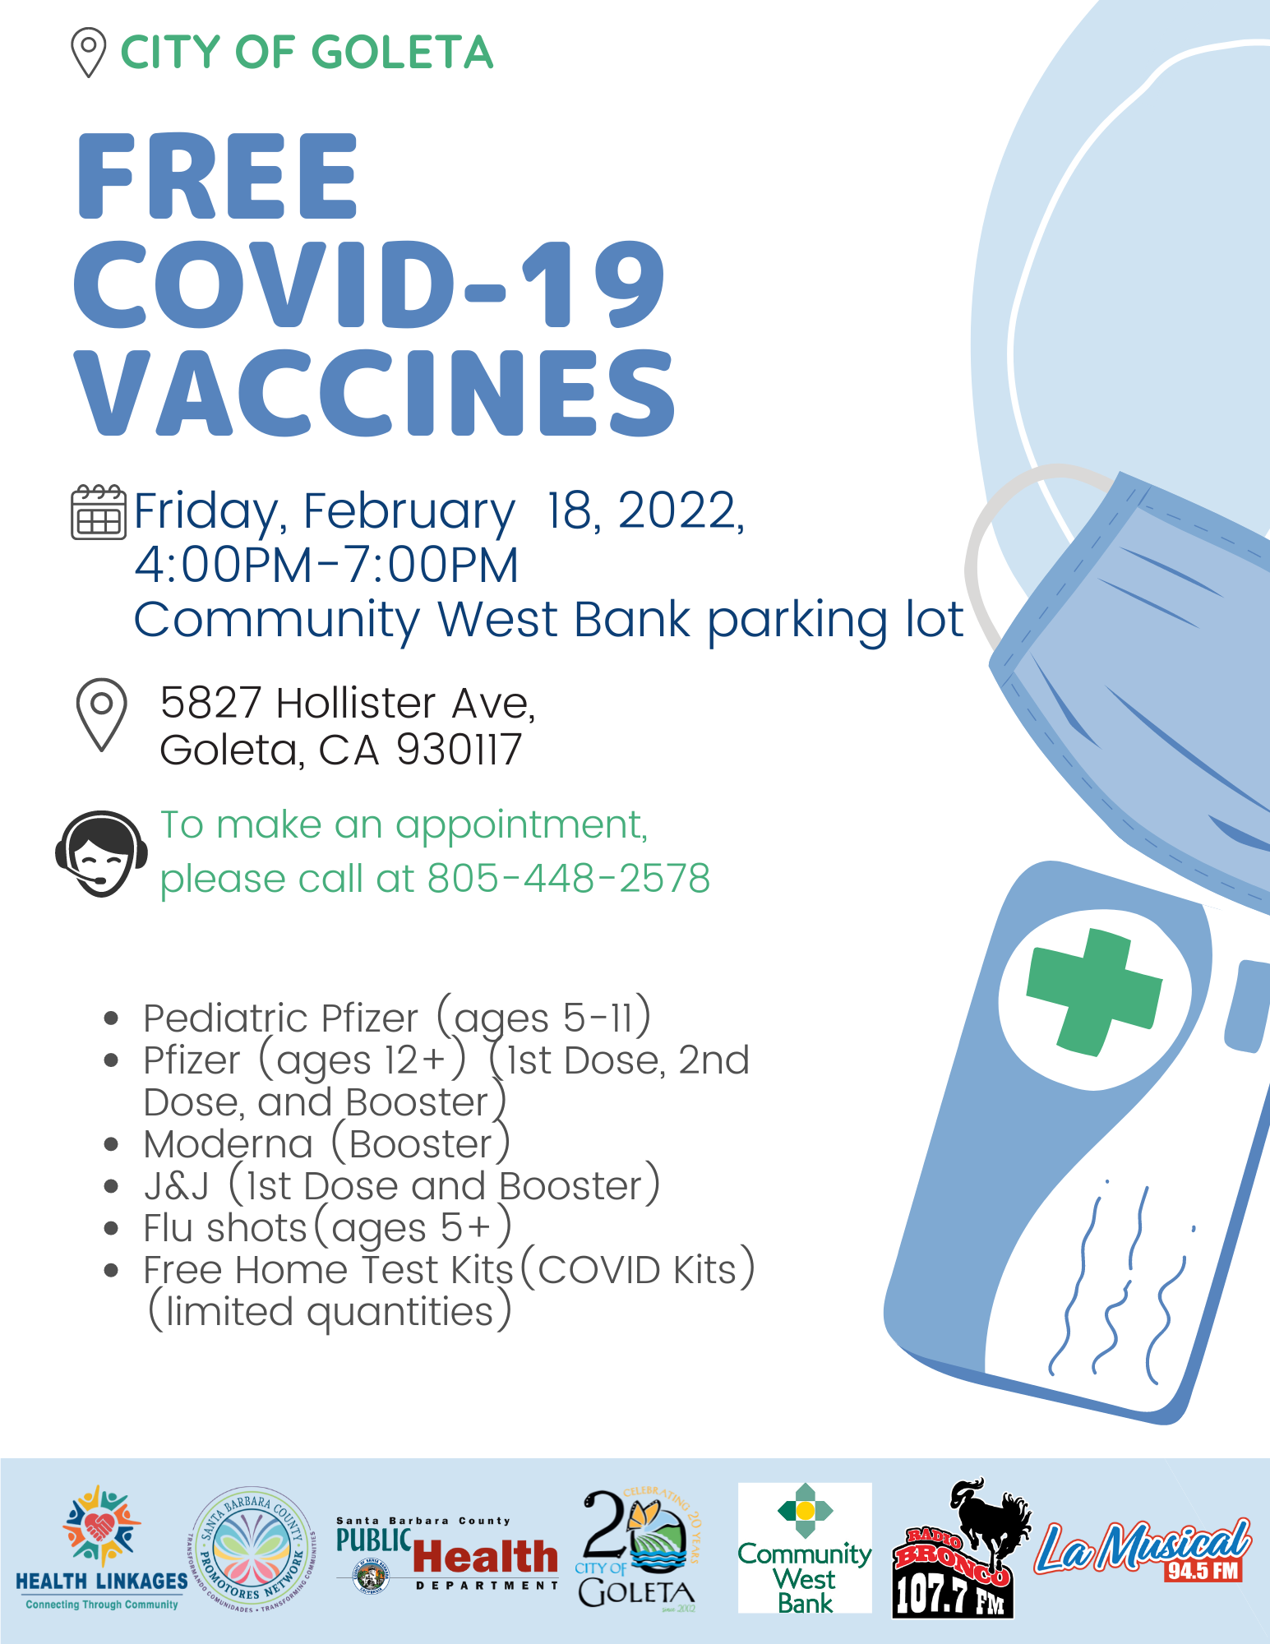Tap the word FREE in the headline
coord(218,176)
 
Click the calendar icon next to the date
coord(99,512)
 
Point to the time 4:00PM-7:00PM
coord(326,565)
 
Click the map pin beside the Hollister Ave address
coord(101,713)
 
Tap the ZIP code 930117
coord(459,750)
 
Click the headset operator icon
coord(101,854)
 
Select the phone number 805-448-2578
coord(569,878)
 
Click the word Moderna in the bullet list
coord(228,1143)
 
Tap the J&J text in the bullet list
coord(176,1185)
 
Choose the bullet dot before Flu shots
coord(112,1228)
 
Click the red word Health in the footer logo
coord(485,1556)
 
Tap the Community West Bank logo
coord(805,1548)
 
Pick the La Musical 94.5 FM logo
coord(1143,1550)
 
